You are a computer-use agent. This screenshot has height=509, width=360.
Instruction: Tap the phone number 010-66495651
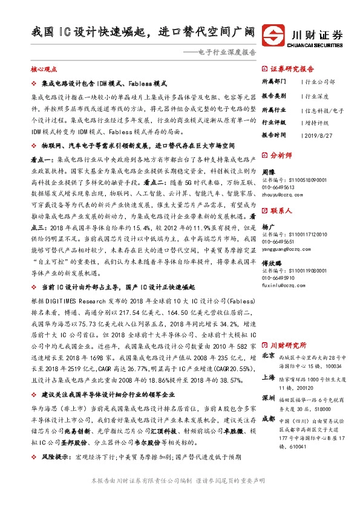[x=278, y=242]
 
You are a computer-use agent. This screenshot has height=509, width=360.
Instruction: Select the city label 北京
[x=268, y=356]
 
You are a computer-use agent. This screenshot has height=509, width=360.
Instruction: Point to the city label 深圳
[x=268, y=398]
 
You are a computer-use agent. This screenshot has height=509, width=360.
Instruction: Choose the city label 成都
[x=268, y=421]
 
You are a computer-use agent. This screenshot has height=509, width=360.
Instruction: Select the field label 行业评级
[x=273, y=122]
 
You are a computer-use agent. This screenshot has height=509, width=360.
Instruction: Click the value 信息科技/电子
[x=324, y=110]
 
